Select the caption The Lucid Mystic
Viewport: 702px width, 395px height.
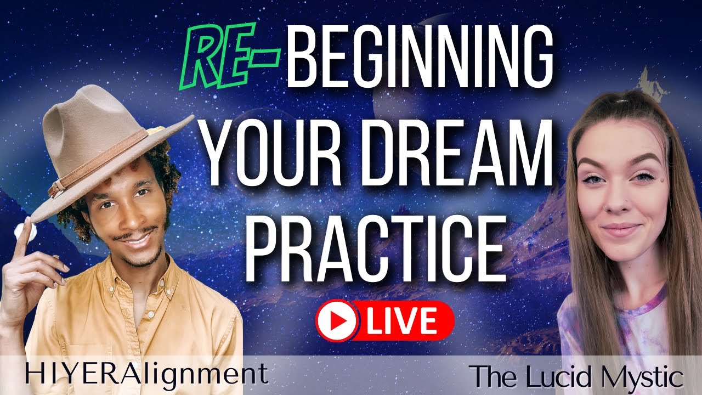[x=579, y=377]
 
